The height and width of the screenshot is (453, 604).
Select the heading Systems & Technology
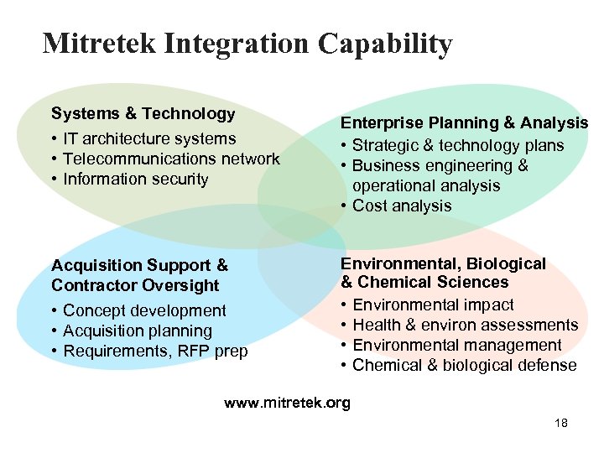pos(143,113)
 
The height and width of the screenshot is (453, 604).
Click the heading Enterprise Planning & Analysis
pos(464,123)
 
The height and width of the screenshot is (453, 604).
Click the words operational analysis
pos(426,185)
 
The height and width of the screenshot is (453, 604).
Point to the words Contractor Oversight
pos(135,285)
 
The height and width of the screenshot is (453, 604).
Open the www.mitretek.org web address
pos(287,404)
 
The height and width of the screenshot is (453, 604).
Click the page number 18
pos(561,424)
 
